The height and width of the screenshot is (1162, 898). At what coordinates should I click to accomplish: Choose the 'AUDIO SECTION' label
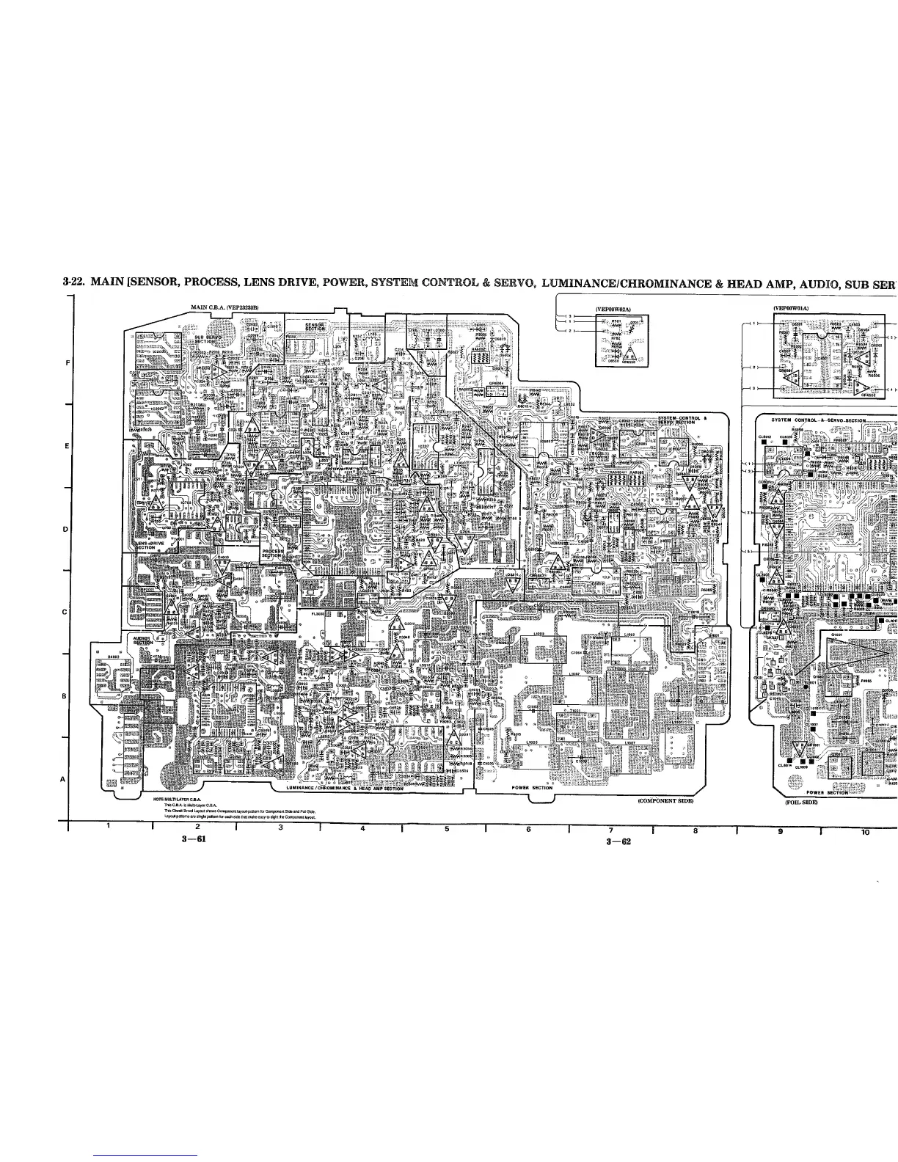[142, 640]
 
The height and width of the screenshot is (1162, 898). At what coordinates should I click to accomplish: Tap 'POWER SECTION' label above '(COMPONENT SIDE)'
[532, 788]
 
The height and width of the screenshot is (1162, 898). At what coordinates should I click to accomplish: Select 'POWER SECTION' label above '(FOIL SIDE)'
[827, 792]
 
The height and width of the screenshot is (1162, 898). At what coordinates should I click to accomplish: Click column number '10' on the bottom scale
[865, 832]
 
